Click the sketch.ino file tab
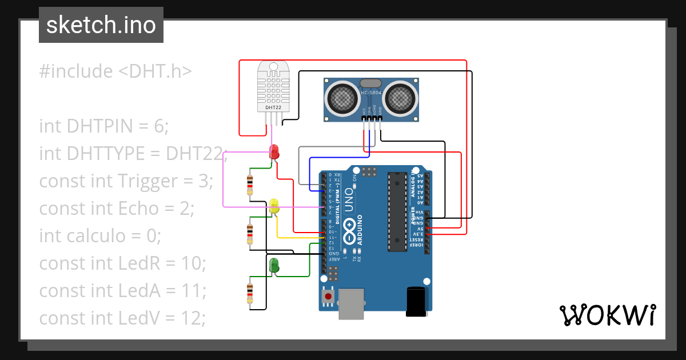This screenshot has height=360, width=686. pos(101,25)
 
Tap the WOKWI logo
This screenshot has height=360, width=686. pos(607,315)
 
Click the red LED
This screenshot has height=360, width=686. pos(274,152)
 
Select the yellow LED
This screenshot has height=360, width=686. pos(274,207)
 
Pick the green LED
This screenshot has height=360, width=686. pos(274,265)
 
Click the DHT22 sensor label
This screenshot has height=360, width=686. pos(273,107)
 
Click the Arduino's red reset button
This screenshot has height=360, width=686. pos(328,297)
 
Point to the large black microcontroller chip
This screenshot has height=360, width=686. pos(396,211)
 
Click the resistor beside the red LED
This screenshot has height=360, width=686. pos(249,184)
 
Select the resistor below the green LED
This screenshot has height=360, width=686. pos(249,293)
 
